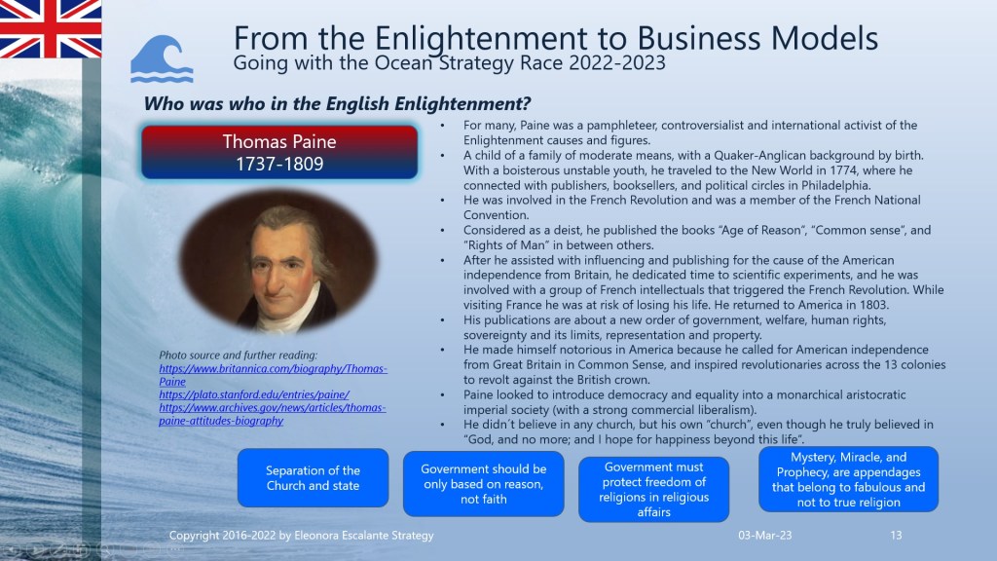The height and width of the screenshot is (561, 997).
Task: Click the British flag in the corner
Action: click(51, 28)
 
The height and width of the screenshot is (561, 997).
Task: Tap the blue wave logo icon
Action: click(162, 59)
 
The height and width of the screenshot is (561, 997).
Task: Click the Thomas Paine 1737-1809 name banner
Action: click(279, 153)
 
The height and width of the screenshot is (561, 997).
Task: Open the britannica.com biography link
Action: click(273, 375)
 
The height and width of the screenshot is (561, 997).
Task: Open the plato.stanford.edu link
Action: click(254, 394)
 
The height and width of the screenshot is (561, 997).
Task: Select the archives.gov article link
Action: click(273, 414)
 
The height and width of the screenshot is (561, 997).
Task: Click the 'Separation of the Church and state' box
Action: click(313, 477)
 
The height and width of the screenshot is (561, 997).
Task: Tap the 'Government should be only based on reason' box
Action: click(483, 483)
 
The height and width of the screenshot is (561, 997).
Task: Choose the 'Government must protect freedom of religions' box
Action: click(653, 489)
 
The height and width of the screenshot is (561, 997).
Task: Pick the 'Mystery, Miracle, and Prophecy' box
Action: click(848, 479)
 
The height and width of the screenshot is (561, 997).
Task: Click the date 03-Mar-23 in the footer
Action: click(765, 536)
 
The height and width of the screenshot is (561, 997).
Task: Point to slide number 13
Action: click(896, 536)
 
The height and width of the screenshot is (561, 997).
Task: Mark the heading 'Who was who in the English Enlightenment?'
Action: click(337, 103)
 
